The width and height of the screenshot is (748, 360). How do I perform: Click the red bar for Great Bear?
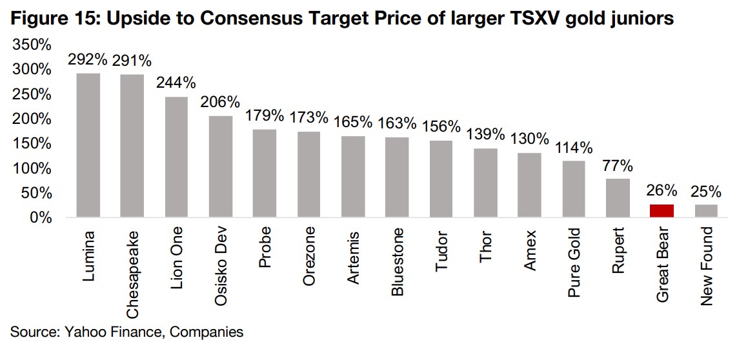click(662, 211)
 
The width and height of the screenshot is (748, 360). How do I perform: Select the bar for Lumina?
click(88, 145)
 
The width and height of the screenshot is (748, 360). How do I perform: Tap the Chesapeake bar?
click(132, 146)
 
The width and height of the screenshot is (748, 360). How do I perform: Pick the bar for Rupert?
click(618, 198)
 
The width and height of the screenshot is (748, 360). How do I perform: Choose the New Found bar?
click(705, 211)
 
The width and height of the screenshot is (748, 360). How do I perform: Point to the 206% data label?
click(220, 103)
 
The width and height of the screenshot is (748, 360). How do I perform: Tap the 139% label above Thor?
click(485, 135)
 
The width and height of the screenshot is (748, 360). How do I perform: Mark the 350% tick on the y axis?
click(31, 45)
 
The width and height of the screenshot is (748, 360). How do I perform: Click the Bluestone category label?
click(398, 261)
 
